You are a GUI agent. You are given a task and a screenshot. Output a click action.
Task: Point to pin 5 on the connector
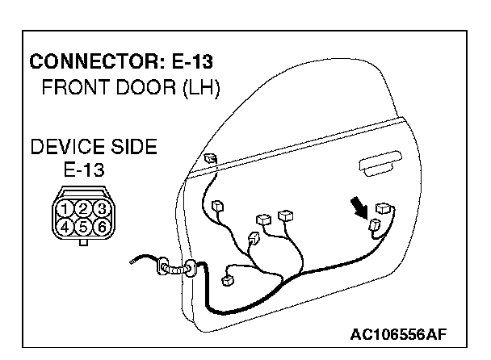coord(83,228)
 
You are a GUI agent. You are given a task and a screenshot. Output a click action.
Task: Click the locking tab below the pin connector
coord(83,241)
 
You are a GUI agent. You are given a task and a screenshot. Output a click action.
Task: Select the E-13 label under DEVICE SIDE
coord(83,171)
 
